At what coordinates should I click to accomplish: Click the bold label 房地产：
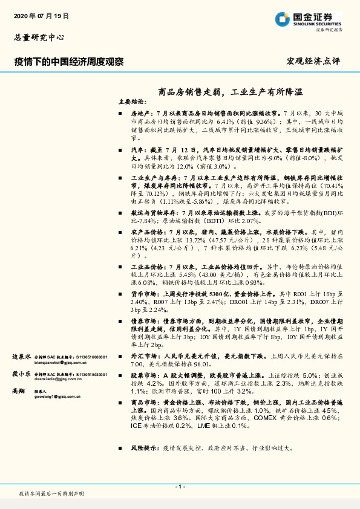click(142, 113)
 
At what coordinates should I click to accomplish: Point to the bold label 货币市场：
click(146, 293)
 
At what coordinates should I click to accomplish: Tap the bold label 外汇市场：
click(146, 357)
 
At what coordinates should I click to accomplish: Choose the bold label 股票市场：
click(146, 375)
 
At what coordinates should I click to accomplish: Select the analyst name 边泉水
click(21, 357)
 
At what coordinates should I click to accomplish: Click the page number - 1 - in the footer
click(180, 487)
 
